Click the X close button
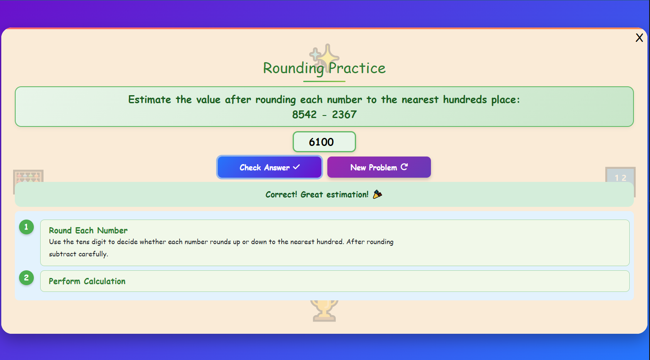639,38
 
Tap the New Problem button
379,168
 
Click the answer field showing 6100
324,142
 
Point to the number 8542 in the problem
304,115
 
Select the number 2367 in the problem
344,115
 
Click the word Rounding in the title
293,69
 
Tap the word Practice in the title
357,69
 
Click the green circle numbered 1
26,227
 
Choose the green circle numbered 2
26,278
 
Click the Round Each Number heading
88,231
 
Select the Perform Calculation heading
87,281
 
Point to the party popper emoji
377,195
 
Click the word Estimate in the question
150,100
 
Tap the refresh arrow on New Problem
404,167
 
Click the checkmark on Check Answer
296,167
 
